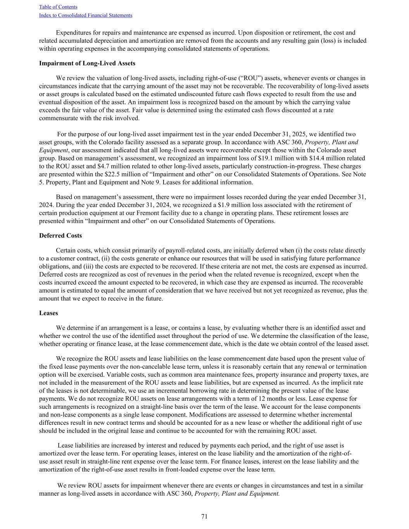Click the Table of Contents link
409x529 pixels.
click(x=58, y=7)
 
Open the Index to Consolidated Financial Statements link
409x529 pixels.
click(x=86, y=16)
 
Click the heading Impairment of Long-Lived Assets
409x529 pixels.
click(x=87, y=63)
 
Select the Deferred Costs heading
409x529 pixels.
click(x=60, y=236)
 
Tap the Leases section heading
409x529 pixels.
click(x=48, y=313)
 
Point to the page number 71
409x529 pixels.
click(x=204, y=516)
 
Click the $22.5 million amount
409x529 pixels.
click(x=123, y=174)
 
